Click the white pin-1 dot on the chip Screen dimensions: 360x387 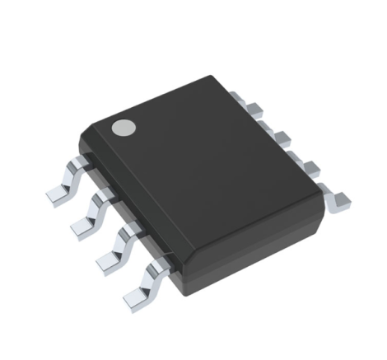coord(123,127)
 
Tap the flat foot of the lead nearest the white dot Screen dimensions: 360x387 coord(56,191)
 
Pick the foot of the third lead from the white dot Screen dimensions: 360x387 coord(108,258)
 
